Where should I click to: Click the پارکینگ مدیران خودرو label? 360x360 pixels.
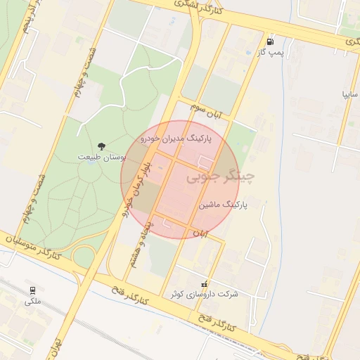coord(180,139)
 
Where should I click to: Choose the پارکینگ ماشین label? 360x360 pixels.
coord(223,205)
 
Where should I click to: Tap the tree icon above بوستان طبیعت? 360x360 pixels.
coord(102,146)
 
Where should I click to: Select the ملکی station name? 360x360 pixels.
coord(32,302)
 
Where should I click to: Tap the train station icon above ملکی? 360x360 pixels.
coord(32,290)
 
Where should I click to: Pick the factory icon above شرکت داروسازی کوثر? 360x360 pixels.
coord(205,283)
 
